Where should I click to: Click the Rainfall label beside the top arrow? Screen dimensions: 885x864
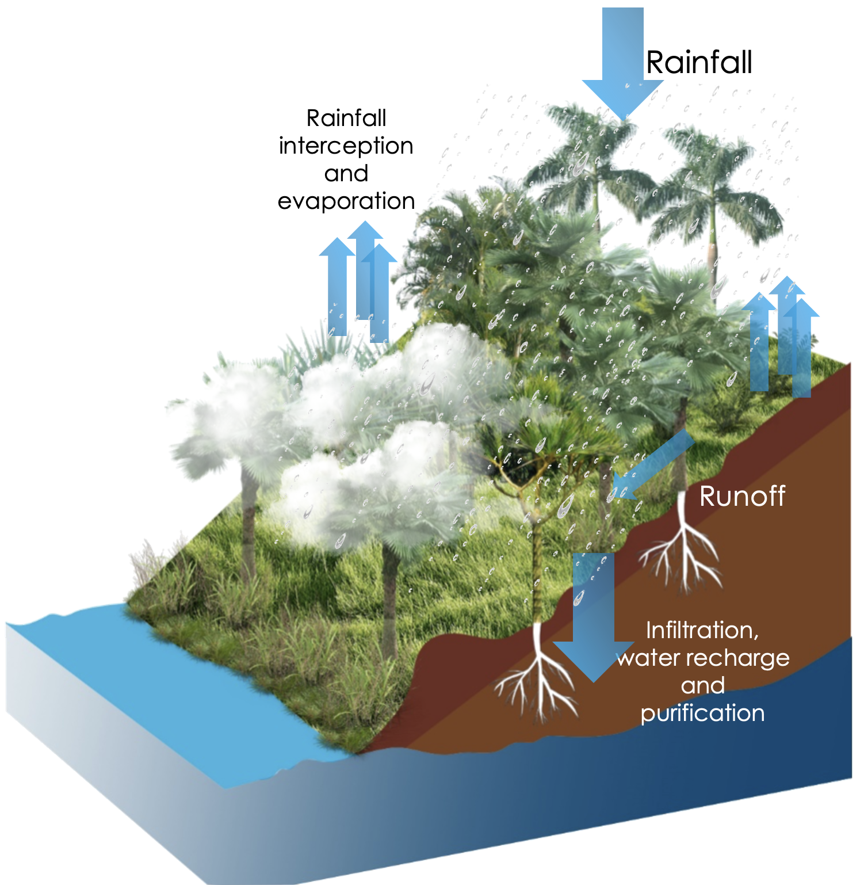699,62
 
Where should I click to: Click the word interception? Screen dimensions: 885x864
346,146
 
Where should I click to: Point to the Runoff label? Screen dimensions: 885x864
742,496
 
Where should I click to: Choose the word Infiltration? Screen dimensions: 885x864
702,630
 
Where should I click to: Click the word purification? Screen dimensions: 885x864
702,714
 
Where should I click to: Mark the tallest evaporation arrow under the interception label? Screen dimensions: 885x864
365,270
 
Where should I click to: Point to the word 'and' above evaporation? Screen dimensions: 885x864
346,174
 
